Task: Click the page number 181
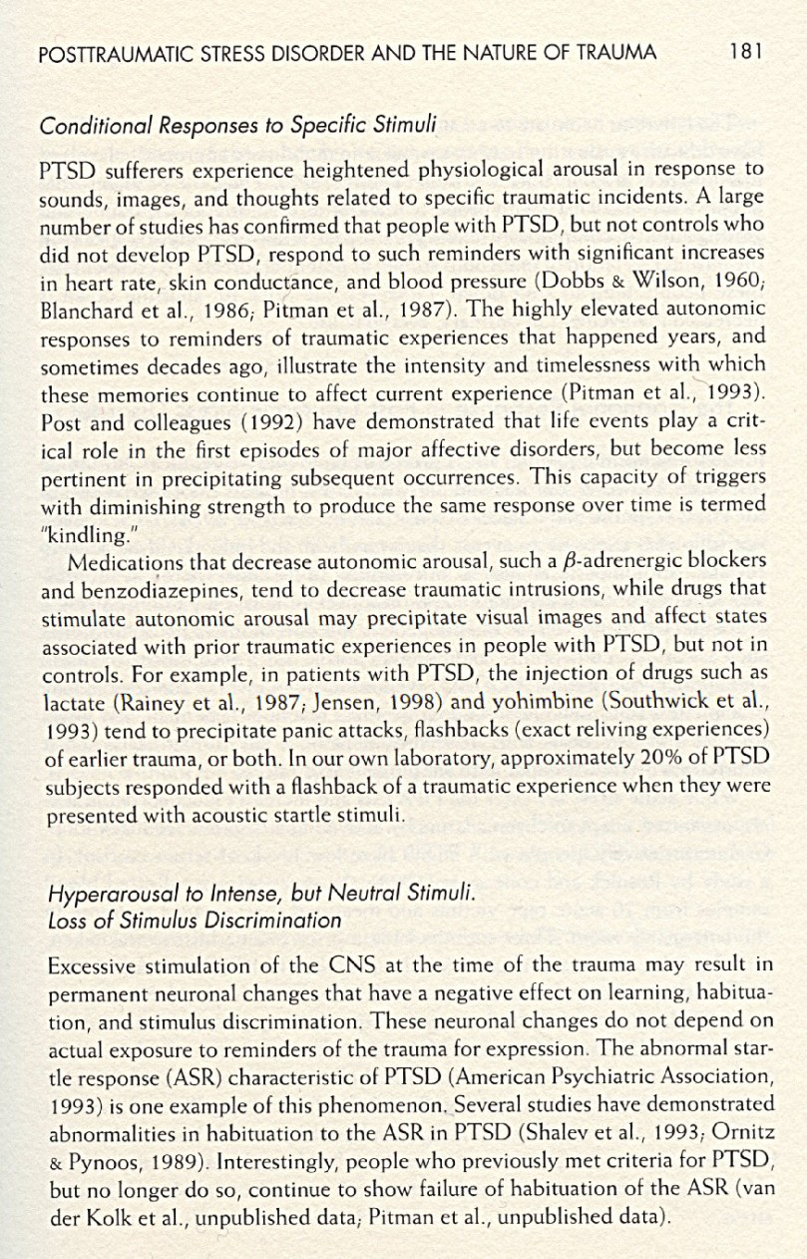pos(745,52)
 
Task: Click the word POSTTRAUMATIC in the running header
pos(104,53)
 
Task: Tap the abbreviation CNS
pos(348,965)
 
